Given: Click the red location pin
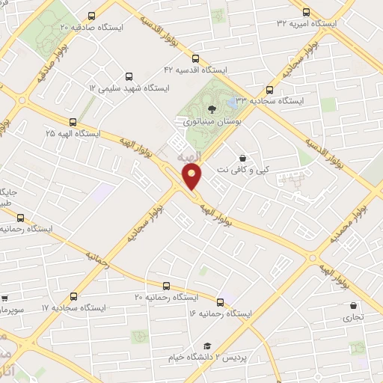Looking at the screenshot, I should pyautogui.click(x=193, y=178).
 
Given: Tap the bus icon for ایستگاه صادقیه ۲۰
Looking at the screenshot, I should pyautogui.click(x=92, y=16).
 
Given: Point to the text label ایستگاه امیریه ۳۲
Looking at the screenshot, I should pyautogui.click(x=307, y=24).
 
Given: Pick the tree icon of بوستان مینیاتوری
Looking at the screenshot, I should pyautogui.click(x=212, y=109).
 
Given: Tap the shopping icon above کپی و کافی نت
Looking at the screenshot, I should pyautogui.click(x=242, y=159).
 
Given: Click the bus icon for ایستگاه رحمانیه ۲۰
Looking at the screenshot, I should pyautogui.click(x=166, y=285).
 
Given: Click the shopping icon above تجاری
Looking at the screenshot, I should pyautogui.click(x=353, y=305).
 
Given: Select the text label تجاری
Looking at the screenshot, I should pyautogui.click(x=353, y=316).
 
